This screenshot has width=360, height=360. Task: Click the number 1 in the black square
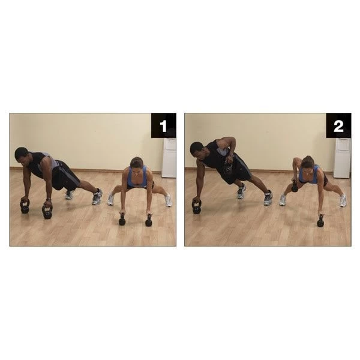click(x=163, y=127)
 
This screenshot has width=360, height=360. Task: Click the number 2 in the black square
click(x=338, y=127)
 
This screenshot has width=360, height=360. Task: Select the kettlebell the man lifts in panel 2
click(x=227, y=169)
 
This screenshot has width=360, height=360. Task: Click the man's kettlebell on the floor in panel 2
click(x=196, y=208)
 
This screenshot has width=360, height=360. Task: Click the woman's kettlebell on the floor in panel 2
click(x=320, y=222)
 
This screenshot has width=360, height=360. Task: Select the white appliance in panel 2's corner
click(x=342, y=157)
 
